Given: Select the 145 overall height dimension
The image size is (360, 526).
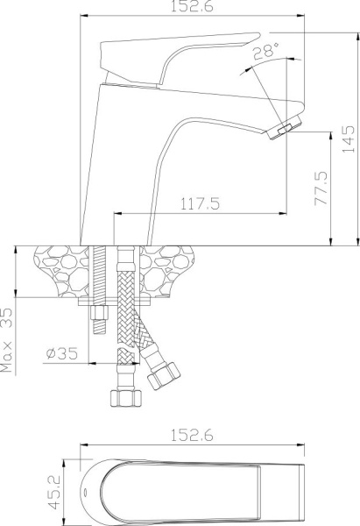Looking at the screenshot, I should pos(348,138).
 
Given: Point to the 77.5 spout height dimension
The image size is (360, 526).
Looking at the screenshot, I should pos(320,186).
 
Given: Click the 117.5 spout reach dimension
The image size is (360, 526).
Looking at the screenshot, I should pos(201,203).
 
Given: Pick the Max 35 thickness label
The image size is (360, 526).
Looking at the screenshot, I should pos(8,339).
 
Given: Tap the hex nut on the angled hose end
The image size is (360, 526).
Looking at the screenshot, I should pos(163,377).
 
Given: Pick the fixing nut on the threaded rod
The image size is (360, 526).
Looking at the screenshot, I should pos(97,314).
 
